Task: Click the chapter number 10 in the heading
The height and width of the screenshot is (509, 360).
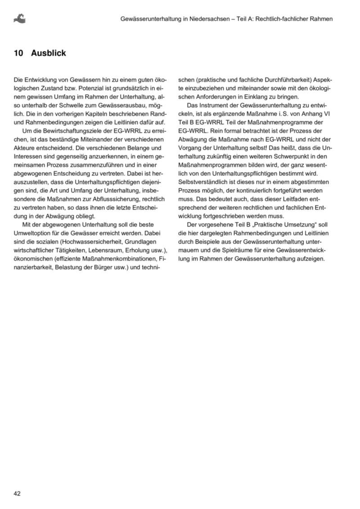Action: point(18,53)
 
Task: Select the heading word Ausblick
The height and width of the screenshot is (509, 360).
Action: point(49,53)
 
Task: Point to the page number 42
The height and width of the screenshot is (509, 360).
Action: point(18,493)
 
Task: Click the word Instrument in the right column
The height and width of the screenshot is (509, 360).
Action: point(214,105)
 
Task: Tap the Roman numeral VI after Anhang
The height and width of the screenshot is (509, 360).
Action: point(327,114)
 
